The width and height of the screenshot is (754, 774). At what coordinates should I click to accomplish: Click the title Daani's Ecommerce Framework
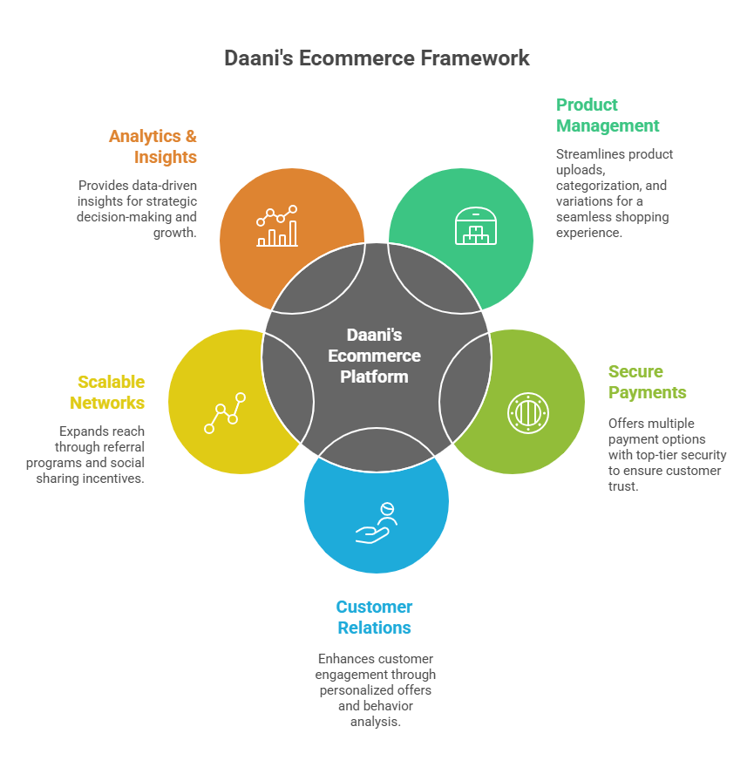click(x=377, y=58)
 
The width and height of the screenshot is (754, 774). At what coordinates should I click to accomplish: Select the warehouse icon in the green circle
click(x=475, y=226)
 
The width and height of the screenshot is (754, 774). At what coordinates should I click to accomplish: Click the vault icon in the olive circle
click(x=528, y=412)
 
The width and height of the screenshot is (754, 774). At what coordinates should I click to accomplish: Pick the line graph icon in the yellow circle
click(x=225, y=413)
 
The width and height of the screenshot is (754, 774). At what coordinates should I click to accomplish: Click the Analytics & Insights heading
click(x=153, y=146)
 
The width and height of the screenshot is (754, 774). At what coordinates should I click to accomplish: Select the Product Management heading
click(x=608, y=115)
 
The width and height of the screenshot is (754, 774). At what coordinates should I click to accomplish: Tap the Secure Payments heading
click(x=647, y=382)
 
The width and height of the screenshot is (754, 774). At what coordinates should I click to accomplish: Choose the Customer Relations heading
click(x=375, y=617)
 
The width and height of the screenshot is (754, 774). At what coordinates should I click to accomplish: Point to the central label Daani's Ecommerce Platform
click(x=374, y=356)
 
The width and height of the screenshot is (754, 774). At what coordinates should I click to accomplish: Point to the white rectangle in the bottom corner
click(x=662, y=743)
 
